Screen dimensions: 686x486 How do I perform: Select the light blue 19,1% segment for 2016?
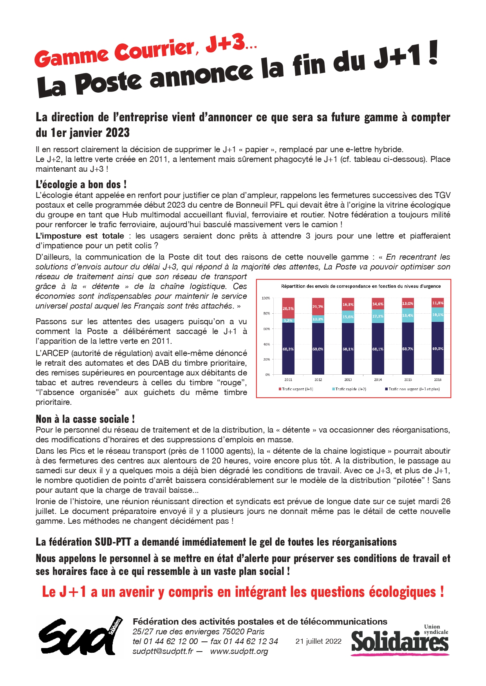point(437,314)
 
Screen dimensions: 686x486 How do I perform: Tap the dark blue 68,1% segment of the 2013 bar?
point(348,348)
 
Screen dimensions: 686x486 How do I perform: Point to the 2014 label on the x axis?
point(378,379)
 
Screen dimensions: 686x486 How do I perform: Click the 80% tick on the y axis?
point(266,313)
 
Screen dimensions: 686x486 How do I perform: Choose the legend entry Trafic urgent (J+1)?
point(296,389)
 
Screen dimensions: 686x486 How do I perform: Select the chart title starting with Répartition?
point(361,286)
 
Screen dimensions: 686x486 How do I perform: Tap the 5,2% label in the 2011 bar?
point(288,320)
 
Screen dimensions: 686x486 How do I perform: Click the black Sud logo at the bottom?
point(80,636)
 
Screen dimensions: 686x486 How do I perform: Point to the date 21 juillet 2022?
point(318,641)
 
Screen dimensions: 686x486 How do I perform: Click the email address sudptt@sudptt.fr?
point(163,652)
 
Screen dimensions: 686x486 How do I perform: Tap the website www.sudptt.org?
point(239,652)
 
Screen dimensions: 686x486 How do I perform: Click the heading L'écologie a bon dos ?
point(81,185)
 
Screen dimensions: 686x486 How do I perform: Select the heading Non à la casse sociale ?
point(85,419)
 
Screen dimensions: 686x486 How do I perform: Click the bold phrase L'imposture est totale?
point(80,236)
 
